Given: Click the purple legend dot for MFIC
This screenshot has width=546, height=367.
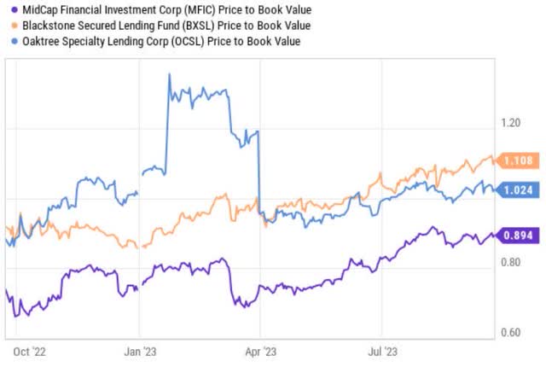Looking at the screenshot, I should [x=7, y=9].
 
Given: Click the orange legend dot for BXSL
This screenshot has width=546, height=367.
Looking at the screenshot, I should [x=7, y=25].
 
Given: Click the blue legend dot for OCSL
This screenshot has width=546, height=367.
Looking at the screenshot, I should [x=7, y=40].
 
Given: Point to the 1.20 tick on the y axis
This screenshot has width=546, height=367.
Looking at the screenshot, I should [x=511, y=124].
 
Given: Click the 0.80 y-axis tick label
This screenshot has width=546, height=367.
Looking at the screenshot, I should [x=511, y=262].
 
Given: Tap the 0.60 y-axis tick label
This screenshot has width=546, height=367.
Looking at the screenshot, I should [x=511, y=332].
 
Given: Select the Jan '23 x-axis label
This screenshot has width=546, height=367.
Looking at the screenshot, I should [x=140, y=351].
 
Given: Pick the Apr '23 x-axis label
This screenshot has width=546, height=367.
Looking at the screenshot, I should [x=260, y=351].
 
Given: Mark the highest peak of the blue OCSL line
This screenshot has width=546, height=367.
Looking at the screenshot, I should [x=169, y=75].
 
